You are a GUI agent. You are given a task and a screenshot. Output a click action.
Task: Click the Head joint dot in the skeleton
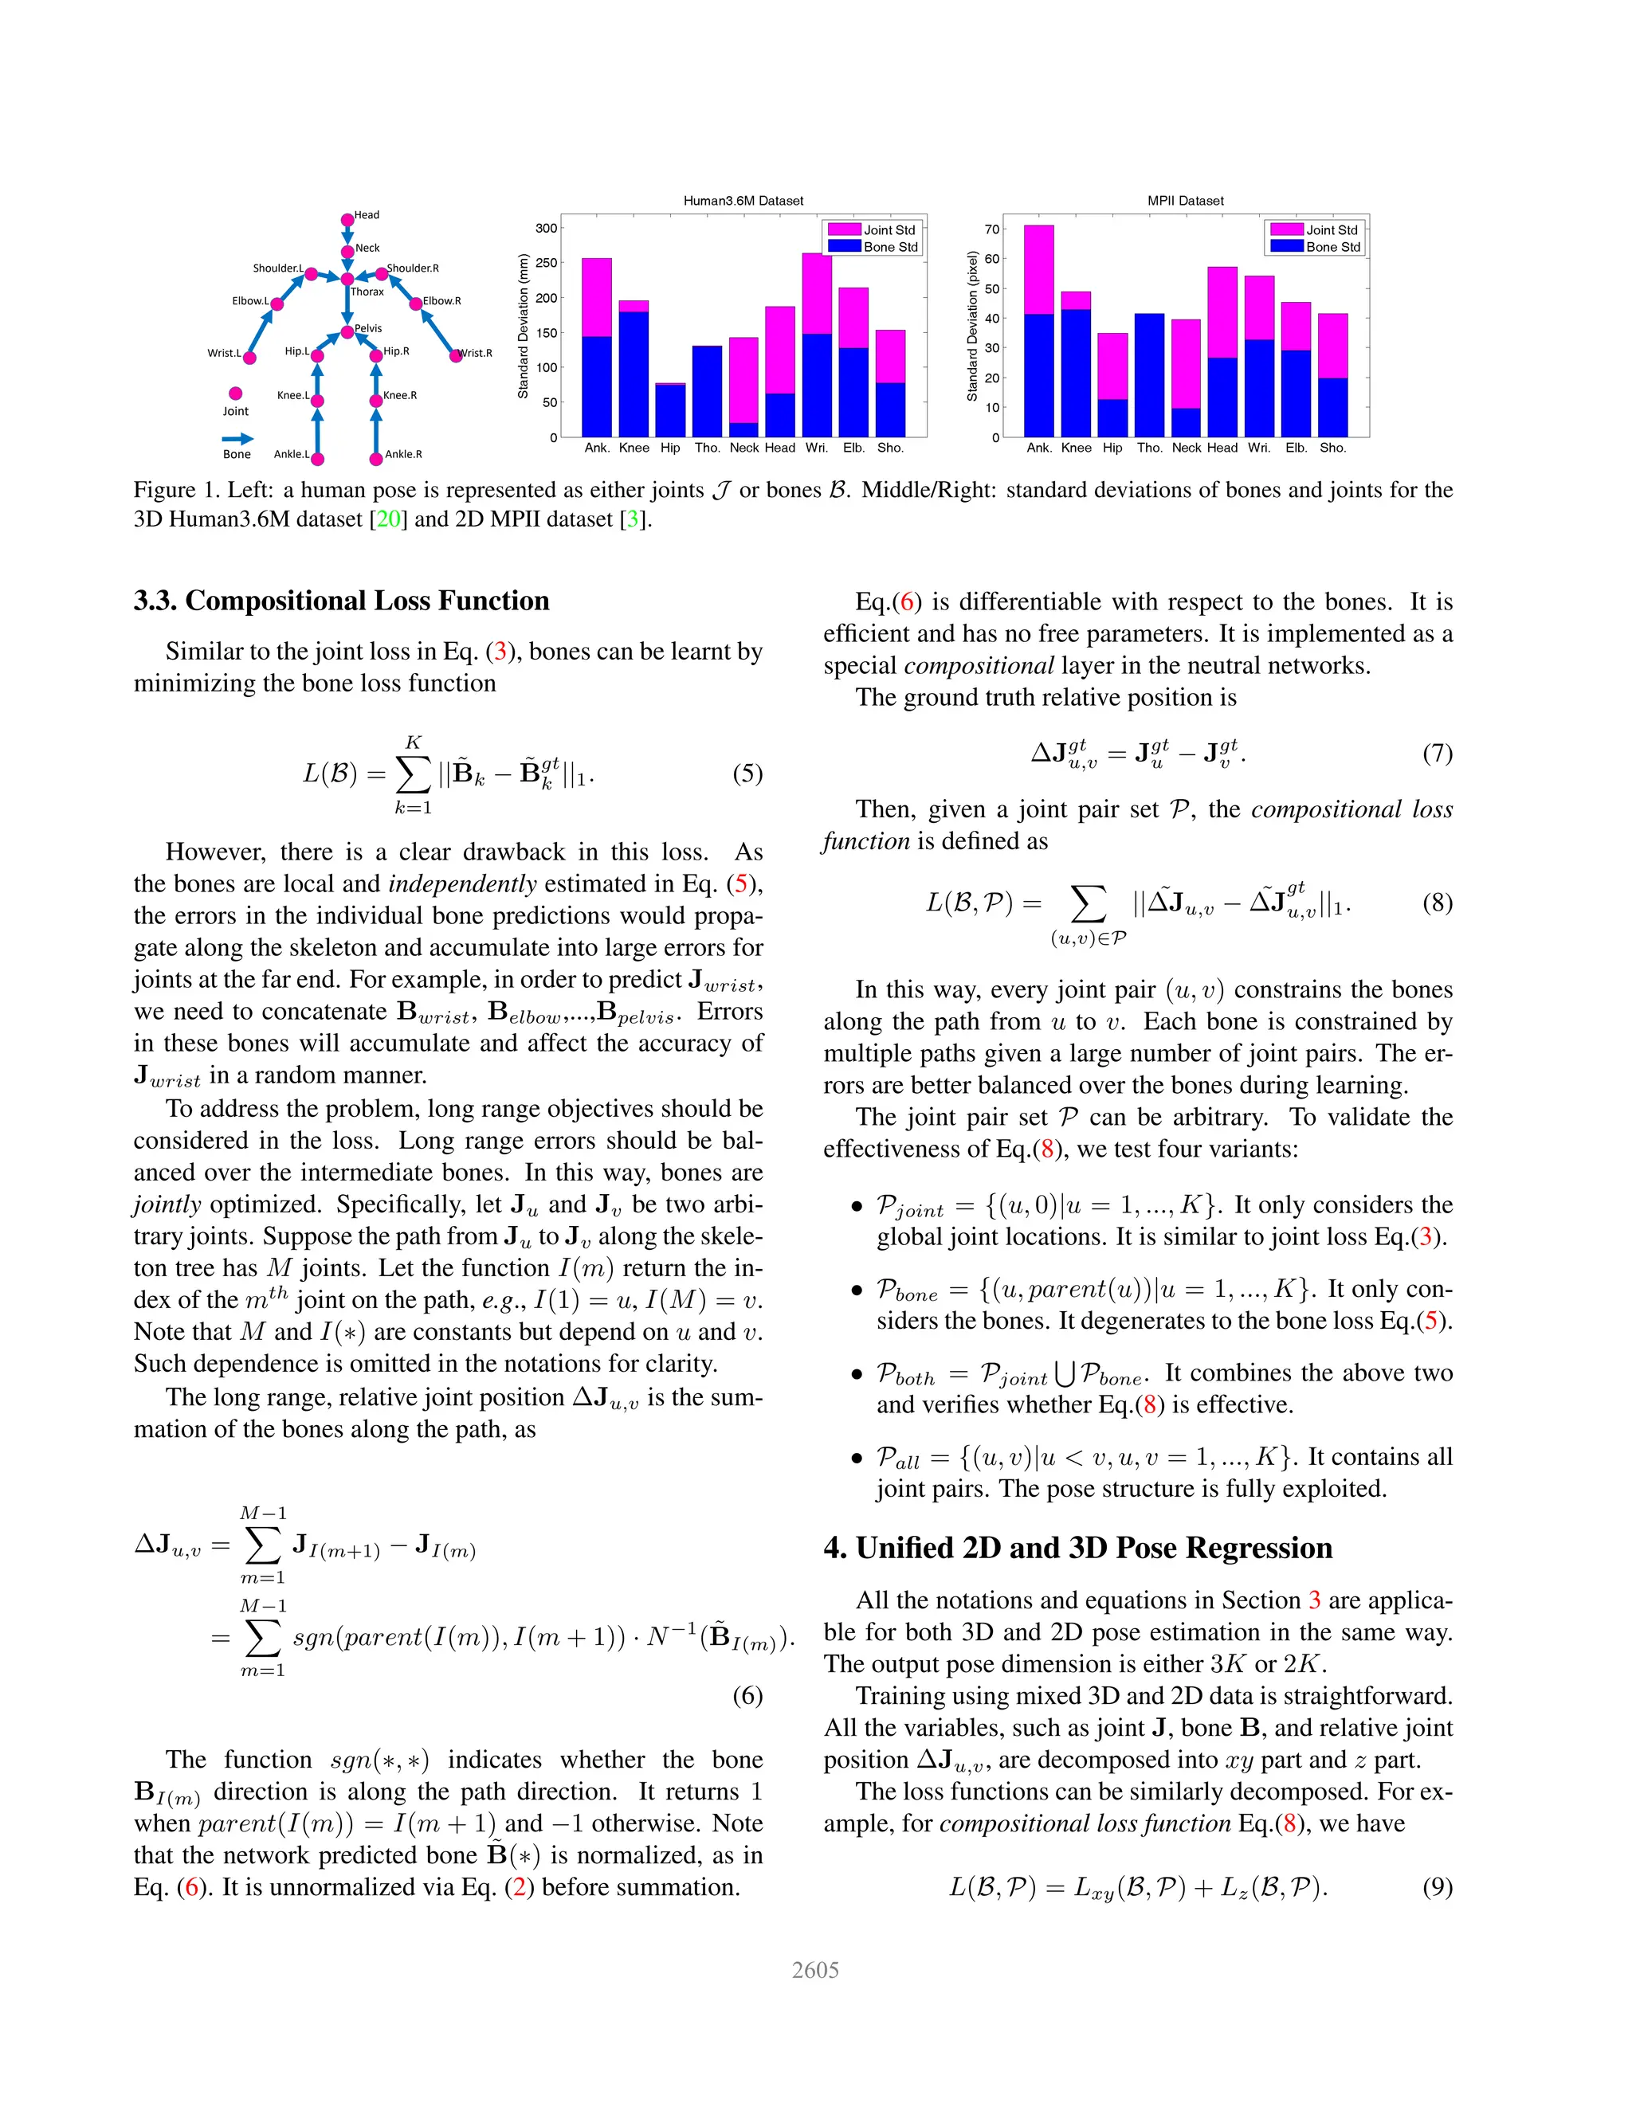347,221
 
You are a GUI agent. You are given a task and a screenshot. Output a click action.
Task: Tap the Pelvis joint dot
347,332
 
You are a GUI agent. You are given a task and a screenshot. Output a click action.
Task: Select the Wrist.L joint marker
249,358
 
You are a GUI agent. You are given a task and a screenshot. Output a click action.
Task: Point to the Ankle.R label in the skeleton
403,454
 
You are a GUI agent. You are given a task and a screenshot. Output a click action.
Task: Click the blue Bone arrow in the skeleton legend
237,439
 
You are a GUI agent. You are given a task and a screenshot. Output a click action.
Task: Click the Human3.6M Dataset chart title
743,201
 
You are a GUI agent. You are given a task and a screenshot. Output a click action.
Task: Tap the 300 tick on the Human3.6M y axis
546,228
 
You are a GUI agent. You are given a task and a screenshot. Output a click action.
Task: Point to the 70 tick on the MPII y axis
992,229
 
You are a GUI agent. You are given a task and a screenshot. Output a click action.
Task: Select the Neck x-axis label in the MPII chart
1187,448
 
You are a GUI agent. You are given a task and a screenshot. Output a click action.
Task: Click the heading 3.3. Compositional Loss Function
341,601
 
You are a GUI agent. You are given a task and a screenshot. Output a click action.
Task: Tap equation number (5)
747,774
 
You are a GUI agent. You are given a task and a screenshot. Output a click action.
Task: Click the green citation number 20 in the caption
389,519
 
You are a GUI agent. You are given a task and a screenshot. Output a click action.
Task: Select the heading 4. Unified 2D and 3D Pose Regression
1077,1549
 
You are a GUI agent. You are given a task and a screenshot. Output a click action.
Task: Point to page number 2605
815,1969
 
